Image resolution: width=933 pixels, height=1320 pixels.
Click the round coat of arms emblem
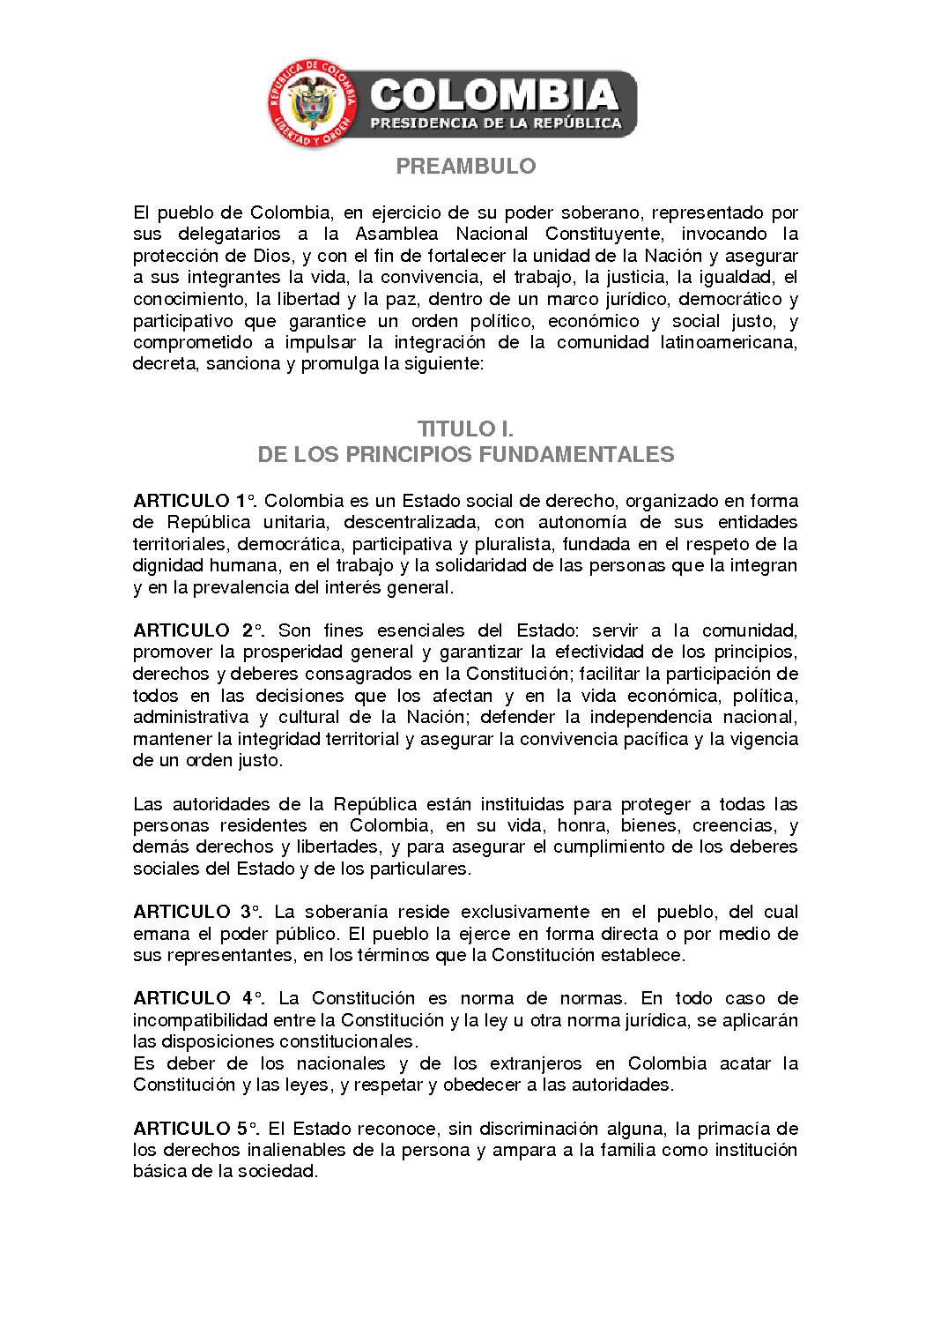[x=313, y=104]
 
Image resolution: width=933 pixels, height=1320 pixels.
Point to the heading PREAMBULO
[x=465, y=166]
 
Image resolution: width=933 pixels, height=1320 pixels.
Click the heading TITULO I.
[x=465, y=429]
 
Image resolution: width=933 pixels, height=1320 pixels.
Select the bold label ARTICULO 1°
[x=195, y=501]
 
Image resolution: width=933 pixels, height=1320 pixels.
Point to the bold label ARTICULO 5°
[x=196, y=1129]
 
